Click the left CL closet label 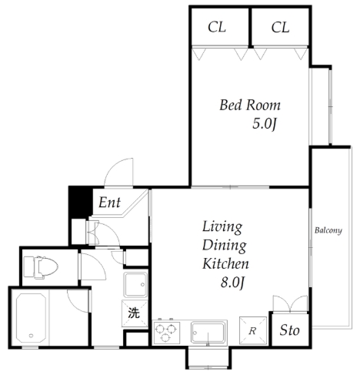click(217, 27)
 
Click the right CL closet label click(280, 27)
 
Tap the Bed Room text click(250, 105)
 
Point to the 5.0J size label click(265, 124)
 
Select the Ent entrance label click(109, 203)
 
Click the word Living click(222, 227)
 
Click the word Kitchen click(225, 263)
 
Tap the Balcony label click(328, 230)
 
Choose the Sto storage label click(289, 330)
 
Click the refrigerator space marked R click(253, 330)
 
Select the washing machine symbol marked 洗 click(135, 313)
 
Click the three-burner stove click(166, 333)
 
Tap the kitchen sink click(208, 333)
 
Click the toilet click(41, 267)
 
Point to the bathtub click(32, 318)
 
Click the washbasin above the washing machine click(136, 284)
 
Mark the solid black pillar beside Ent click(81, 203)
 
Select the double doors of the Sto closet click(290, 304)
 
